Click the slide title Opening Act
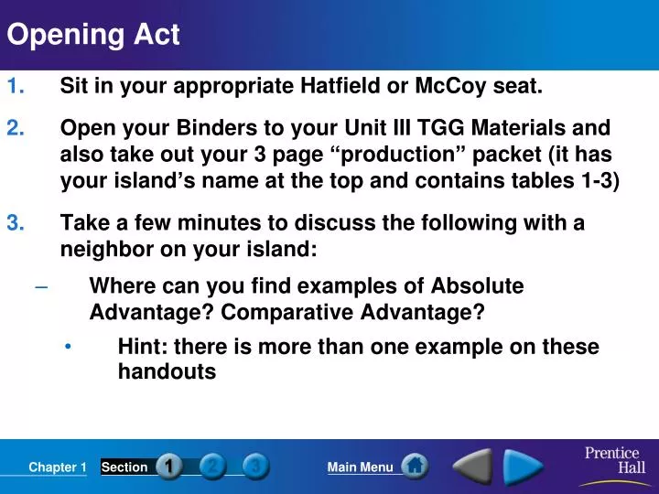click(93, 35)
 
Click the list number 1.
click(16, 87)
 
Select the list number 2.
click(16, 128)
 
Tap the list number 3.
click(16, 223)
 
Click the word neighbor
click(103, 250)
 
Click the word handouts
click(167, 372)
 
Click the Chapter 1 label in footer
click(57, 467)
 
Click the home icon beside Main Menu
click(415, 466)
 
